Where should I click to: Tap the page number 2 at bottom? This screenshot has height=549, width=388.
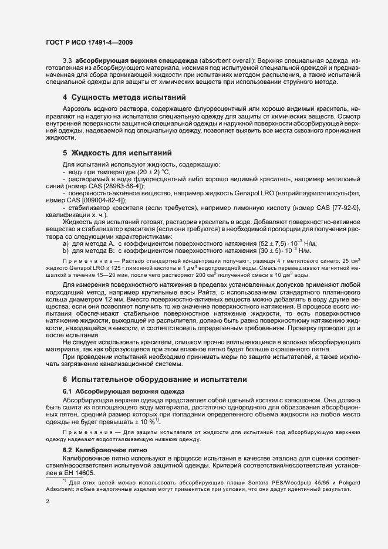click(x=48, y=502)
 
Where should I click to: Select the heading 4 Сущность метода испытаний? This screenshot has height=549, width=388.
click(x=124, y=96)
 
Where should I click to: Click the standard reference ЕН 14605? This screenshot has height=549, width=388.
click(x=81, y=472)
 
